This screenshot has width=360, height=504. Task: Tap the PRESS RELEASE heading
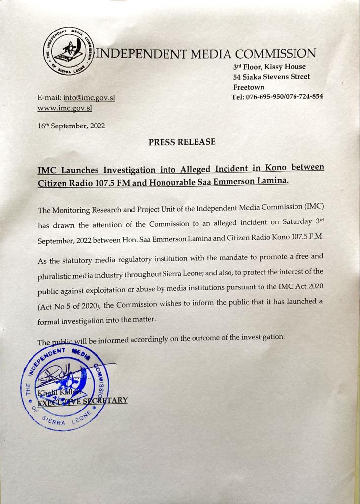point(182,142)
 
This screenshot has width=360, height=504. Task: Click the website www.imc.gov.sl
point(65,108)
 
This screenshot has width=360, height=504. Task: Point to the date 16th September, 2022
point(71,126)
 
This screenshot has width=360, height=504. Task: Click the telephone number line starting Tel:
point(277,96)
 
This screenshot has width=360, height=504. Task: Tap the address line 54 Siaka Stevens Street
point(272,77)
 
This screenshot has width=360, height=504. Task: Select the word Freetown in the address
point(249,87)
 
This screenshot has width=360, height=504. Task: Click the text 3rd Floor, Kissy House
point(269,67)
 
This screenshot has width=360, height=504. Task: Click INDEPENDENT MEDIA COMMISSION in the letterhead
point(205,54)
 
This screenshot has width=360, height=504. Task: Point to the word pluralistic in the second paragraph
point(57,277)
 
